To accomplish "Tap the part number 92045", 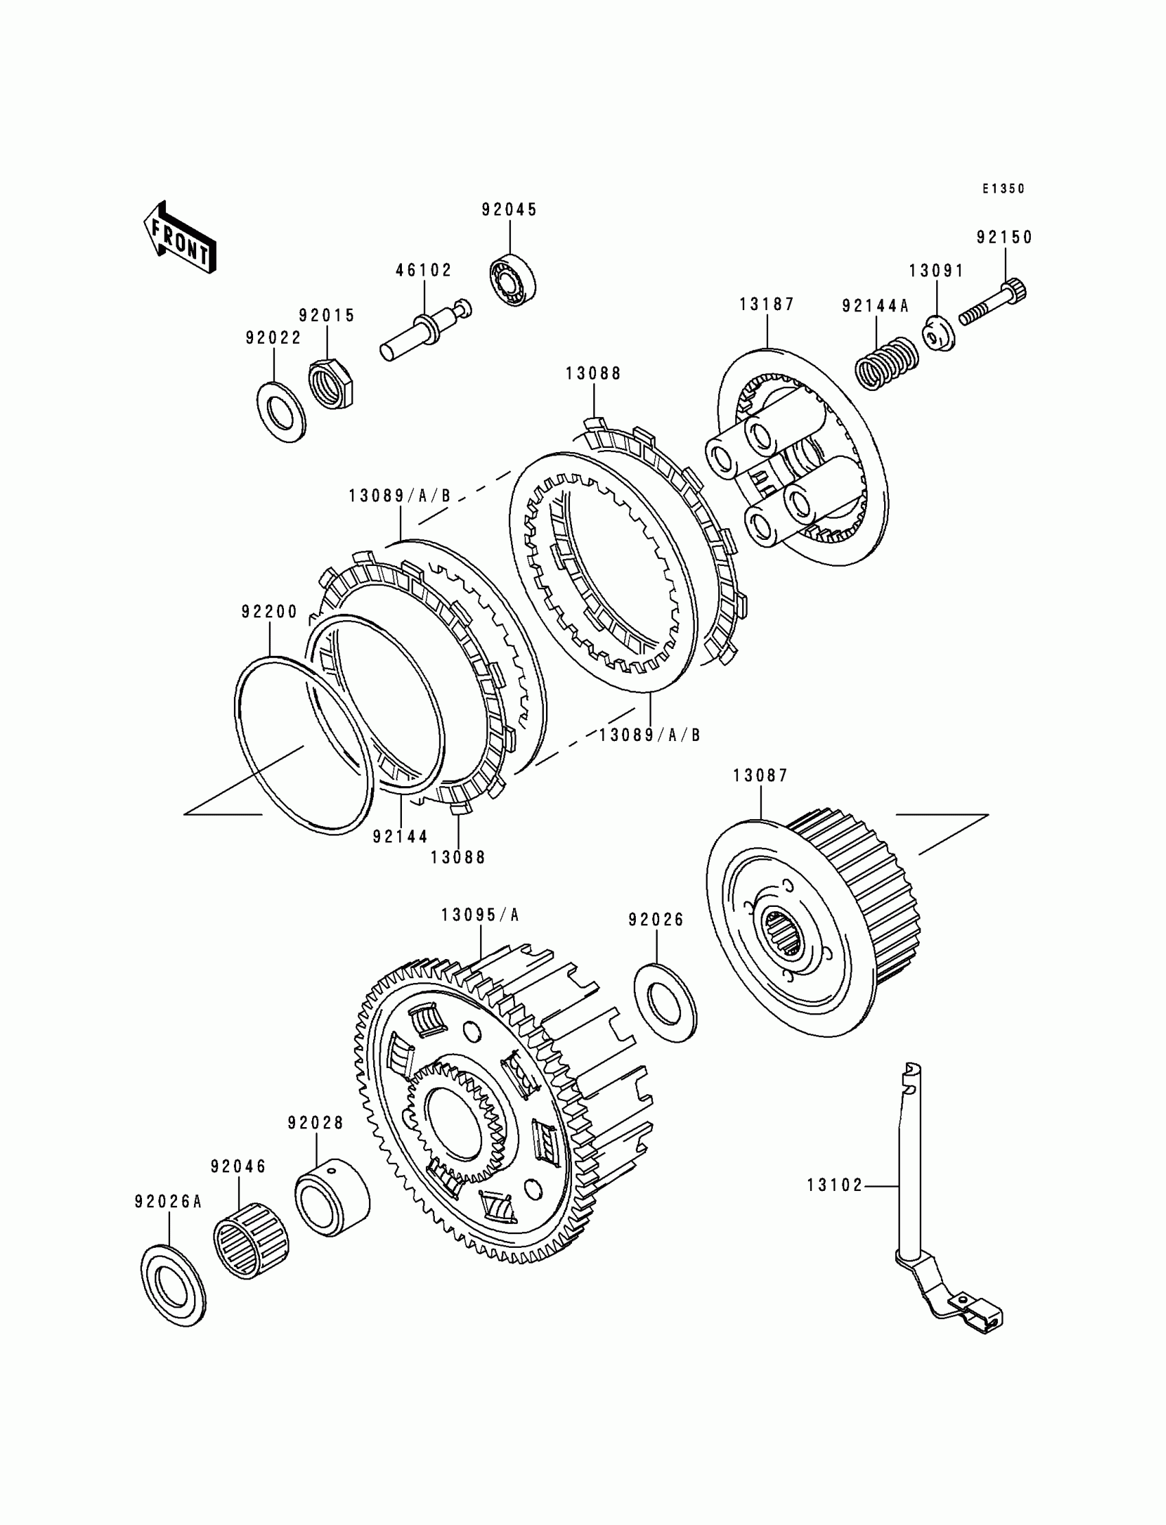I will click(x=510, y=210).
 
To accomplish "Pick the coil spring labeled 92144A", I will click(x=888, y=362).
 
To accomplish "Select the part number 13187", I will click(x=766, y=304).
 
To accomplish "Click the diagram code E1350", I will click(x=1003, y=189).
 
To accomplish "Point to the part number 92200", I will click(x=270, y=612).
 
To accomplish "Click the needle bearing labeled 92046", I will click(x=250, y=1240).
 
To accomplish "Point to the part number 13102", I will click(x=834, y=1185).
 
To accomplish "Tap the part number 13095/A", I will click(x=480, y=915).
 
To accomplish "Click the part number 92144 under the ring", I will click(x=400, y=837).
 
